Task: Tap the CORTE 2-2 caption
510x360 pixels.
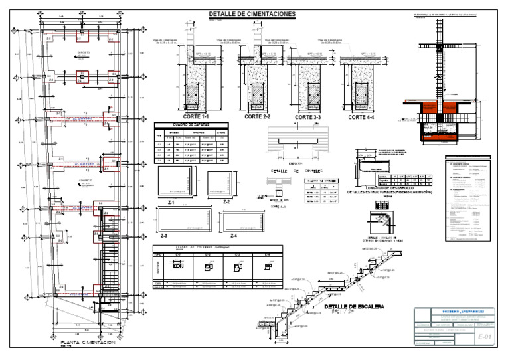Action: pos(258,117)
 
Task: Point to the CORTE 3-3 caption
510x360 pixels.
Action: pos(308,117)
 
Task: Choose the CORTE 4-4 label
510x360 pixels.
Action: pos(362,117)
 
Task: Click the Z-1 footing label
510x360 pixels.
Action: pos(172,201)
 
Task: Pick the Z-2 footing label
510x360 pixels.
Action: pos(226,201)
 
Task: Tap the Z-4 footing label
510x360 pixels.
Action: pos(234,236)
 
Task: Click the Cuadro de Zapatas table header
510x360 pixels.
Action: pos(191,125)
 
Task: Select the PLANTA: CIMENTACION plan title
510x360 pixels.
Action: pos(84,341)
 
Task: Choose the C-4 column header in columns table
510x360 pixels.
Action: pos(268,254)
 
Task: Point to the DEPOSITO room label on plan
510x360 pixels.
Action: pos(83,52)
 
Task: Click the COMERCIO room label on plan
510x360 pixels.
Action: pos(84,179)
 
